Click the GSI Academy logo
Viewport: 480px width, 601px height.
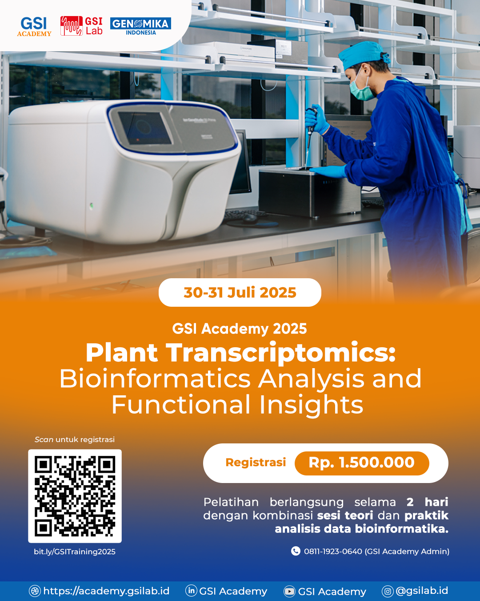coord(34,27)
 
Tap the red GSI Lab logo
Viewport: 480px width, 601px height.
coord(81,26)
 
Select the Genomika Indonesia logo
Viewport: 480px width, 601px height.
coord(140,26)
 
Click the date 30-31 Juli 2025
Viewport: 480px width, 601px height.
coord(240,292)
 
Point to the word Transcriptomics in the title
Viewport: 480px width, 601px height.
coord(281,353)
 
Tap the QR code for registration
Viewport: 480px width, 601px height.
coord(75,496)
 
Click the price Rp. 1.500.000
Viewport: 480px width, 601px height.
coord(362,463)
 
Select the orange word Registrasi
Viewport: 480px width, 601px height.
coord(256,463)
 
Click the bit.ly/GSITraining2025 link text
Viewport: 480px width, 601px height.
coord(75,552)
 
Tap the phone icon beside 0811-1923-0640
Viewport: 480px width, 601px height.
coord(296,551)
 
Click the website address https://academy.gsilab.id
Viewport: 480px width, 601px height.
coord(106,591)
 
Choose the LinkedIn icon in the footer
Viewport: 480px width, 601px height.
coord(191,591)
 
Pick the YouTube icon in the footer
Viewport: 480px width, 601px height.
coord(289,591)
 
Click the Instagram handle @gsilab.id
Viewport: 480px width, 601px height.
coord(422,591)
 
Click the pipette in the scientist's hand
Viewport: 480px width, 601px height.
coord(309,134)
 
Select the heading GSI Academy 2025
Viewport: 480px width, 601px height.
coord(240,329)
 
